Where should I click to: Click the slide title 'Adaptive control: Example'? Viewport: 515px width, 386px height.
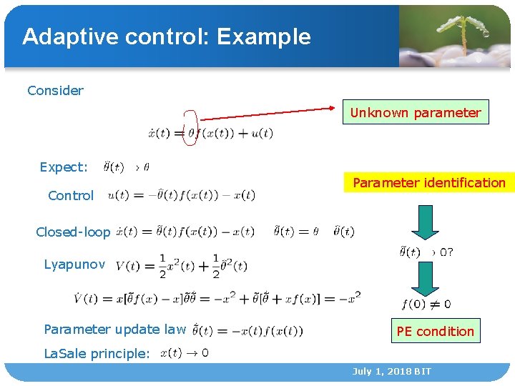(x=167, y=36)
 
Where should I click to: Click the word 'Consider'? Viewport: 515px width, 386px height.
(x=55, y=91)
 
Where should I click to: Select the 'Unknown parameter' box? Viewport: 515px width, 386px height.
(x=415, y=112)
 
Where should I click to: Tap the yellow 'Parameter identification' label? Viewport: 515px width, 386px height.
(x=428, y=183)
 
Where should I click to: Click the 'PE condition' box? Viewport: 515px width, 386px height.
(x=435, y=331)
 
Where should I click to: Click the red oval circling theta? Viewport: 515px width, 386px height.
(x=190, y=128)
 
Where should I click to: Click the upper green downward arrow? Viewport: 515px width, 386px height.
(x=425, y=222)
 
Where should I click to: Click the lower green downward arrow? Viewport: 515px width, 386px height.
(x=425, y=279)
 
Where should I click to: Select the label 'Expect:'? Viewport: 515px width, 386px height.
(x=64, y=167)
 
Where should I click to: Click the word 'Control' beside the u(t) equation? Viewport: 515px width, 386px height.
(x=71, y=196)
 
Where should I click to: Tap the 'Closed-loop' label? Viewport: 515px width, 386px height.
(x=73, y=232)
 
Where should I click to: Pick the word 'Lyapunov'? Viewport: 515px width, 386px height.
(x=74, y=264)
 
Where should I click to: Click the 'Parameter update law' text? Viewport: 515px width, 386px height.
(x=115, y=330)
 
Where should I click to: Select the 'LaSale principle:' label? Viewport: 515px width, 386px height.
(x=97, y=353)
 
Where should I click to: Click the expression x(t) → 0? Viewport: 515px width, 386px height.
(x=185, y=352)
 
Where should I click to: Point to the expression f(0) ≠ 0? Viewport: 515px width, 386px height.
(x=426, y=305)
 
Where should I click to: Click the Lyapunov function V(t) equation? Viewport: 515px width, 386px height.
(x=181, y=264)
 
